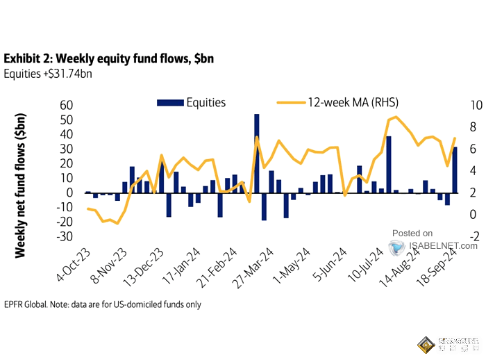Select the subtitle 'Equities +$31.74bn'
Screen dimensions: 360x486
[48, 74]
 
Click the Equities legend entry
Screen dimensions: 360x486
[192, 103]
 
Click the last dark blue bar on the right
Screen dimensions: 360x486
[455, 170]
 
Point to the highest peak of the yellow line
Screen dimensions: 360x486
[395, 117]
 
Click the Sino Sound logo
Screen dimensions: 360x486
[449, 344]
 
